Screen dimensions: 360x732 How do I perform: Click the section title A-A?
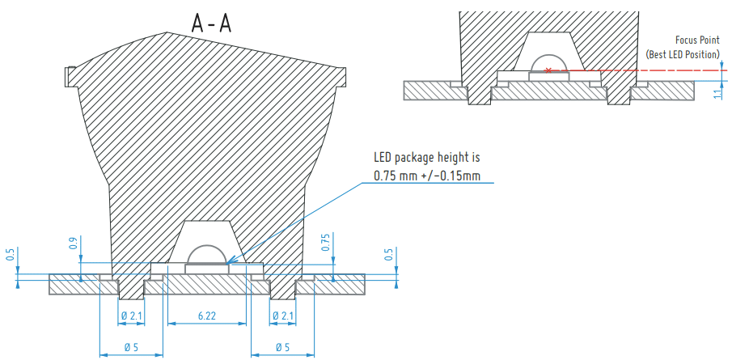(211, 23)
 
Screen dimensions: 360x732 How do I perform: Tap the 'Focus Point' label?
(697, 40)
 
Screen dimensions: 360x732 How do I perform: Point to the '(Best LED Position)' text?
(683, 54)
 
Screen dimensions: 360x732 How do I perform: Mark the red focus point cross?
(549, 70)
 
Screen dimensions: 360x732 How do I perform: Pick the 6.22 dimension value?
(205, 316)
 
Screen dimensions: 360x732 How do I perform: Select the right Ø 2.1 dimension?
(284, 316)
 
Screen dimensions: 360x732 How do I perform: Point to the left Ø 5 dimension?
(130, 346)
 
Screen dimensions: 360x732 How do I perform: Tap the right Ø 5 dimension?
(282, 346)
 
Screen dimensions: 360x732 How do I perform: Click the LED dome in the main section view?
(207, 255)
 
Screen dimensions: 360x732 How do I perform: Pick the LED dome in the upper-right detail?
(549, 64)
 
